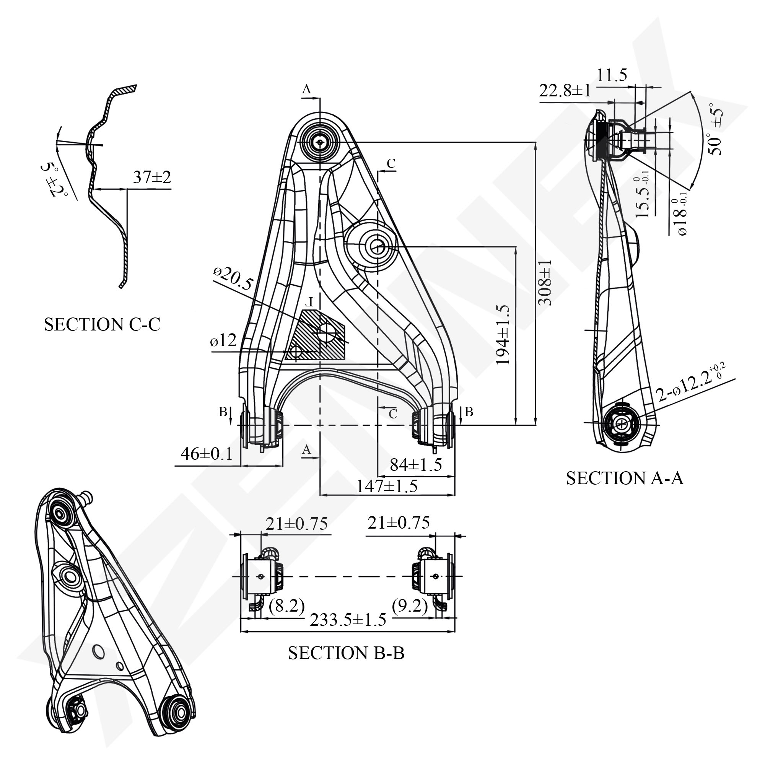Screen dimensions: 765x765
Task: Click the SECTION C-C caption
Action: (x=102, y=325)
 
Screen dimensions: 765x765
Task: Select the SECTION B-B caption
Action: (x=346, y=653)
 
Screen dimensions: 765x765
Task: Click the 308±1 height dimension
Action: (x=545, y=283)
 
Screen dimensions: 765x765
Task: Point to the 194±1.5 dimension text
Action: (x=503, y=335)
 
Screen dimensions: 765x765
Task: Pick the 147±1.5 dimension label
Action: (x=387, y=486)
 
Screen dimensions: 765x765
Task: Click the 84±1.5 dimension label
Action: (x=416, y=464)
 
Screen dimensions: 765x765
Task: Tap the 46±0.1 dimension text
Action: (x=207, y=454)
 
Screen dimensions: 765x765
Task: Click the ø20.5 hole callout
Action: (x=233, y=278)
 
